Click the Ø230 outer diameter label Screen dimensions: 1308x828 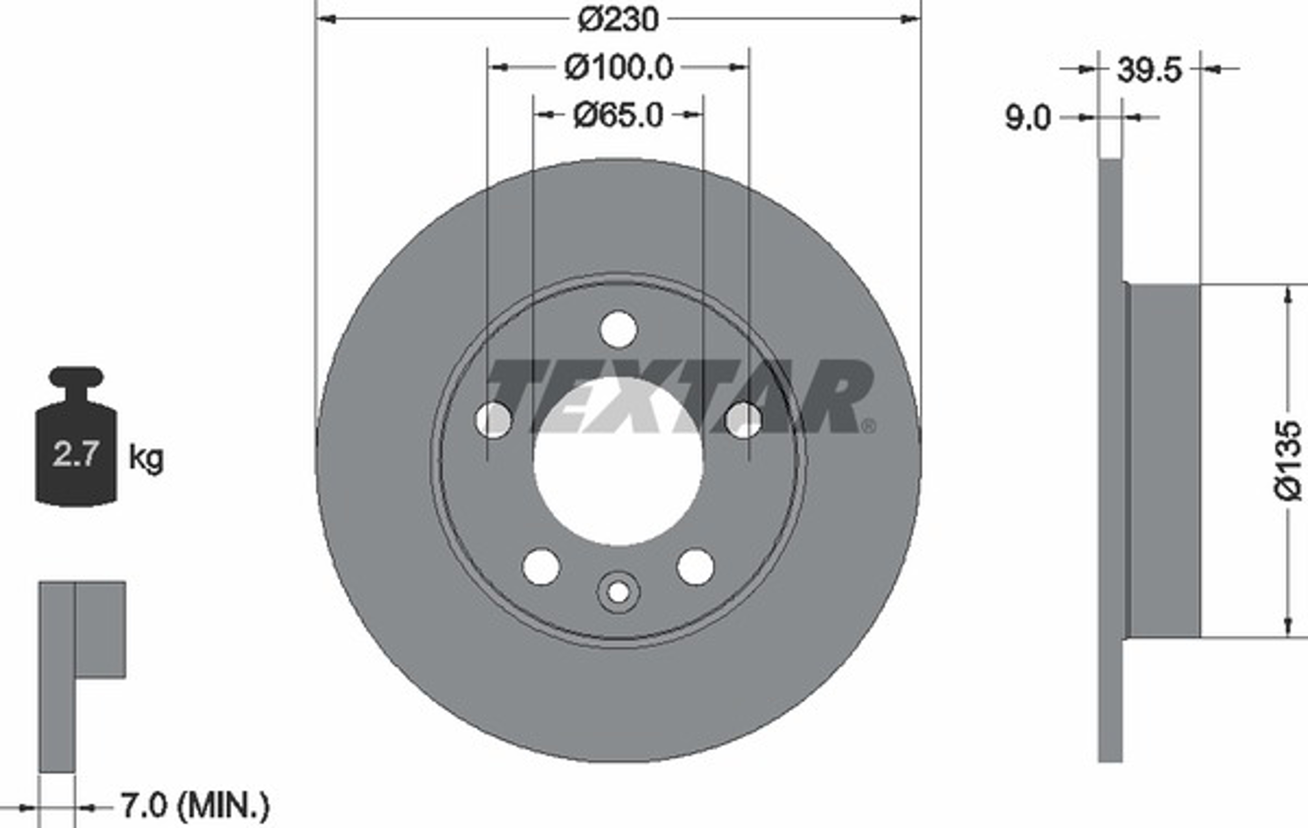(618, 20)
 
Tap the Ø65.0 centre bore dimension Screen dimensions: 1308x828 (618, 115)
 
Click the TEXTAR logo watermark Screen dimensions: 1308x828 (679, 396)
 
